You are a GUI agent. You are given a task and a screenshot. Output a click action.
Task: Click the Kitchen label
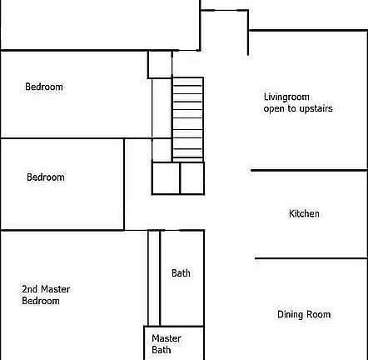click(304, 214)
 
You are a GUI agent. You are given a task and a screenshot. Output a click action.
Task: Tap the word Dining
click(291, 315)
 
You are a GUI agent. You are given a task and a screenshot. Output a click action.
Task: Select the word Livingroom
click(286, 97)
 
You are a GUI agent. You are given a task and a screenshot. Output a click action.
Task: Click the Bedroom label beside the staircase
click(43, 87)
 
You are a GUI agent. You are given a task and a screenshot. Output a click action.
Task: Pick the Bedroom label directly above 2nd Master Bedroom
click(45, 177)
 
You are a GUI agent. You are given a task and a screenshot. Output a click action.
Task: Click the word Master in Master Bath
click(167, 339)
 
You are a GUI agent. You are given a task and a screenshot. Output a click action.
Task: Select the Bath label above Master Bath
click(181, 273)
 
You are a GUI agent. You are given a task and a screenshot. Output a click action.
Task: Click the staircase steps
click(187, 118)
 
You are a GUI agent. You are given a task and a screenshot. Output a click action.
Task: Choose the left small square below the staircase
click(166, 178)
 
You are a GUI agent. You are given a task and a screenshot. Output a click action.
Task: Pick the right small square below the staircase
click(191, 178)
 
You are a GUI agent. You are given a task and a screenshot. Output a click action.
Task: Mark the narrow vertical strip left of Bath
click(154, 277)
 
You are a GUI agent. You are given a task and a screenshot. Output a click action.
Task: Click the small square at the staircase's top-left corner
click(161, 64)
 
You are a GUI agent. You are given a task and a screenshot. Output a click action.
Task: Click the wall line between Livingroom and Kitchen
click(309, 172)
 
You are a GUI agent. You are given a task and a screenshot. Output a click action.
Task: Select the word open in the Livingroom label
click(274, 109)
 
